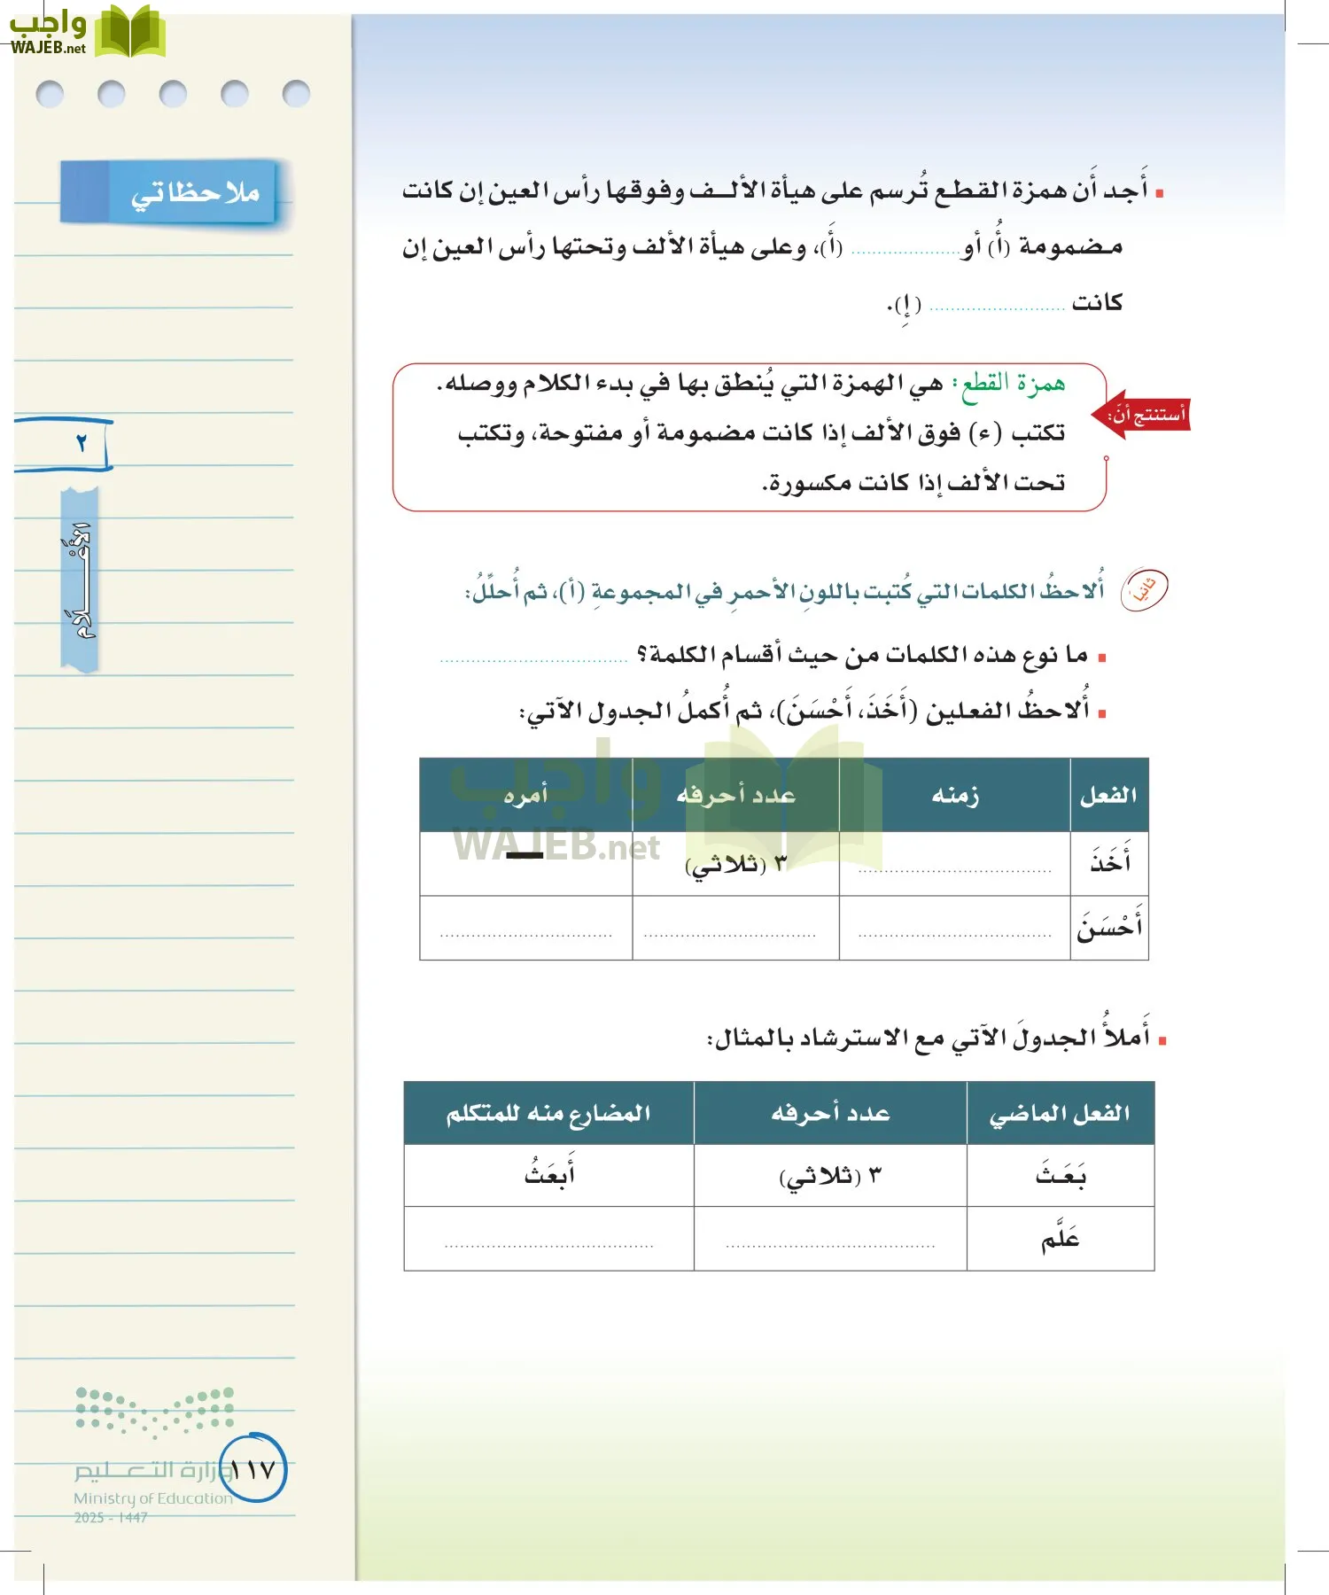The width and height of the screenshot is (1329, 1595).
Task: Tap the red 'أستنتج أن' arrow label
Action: [1143, 414]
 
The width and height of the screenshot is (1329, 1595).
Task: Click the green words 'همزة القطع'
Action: [1013, 383]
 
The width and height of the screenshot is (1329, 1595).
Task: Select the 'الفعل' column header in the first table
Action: [1108, 795]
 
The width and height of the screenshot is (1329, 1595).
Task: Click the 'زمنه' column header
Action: [954, 795]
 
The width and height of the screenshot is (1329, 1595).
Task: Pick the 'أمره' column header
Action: [525, 795]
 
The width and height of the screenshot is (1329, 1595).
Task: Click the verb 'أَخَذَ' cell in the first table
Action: [1109, 862]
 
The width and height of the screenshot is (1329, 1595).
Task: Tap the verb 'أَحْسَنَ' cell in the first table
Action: [1109, 928]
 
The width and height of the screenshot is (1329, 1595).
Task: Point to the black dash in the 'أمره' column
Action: [525, 855]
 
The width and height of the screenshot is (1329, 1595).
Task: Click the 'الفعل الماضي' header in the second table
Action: [1060, 1113]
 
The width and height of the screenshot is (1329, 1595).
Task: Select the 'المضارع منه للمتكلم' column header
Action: [548, 1113]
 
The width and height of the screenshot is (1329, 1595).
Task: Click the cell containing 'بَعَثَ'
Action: [1060, 1176]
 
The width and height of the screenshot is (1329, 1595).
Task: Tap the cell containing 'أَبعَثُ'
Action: [548, 1176]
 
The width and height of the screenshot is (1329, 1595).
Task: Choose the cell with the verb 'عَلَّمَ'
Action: [1060, 1239]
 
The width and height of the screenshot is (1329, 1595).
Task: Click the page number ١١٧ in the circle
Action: [253, 1470]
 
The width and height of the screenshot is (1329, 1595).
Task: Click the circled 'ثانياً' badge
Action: [1145, 589]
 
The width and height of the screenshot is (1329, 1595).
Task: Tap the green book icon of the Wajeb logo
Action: [130, 33]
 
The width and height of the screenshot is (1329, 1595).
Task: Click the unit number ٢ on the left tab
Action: [81, 442]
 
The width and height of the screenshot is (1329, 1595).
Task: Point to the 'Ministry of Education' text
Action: [152, 1498]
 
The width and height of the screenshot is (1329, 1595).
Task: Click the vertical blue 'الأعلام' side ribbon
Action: [79, 580]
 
